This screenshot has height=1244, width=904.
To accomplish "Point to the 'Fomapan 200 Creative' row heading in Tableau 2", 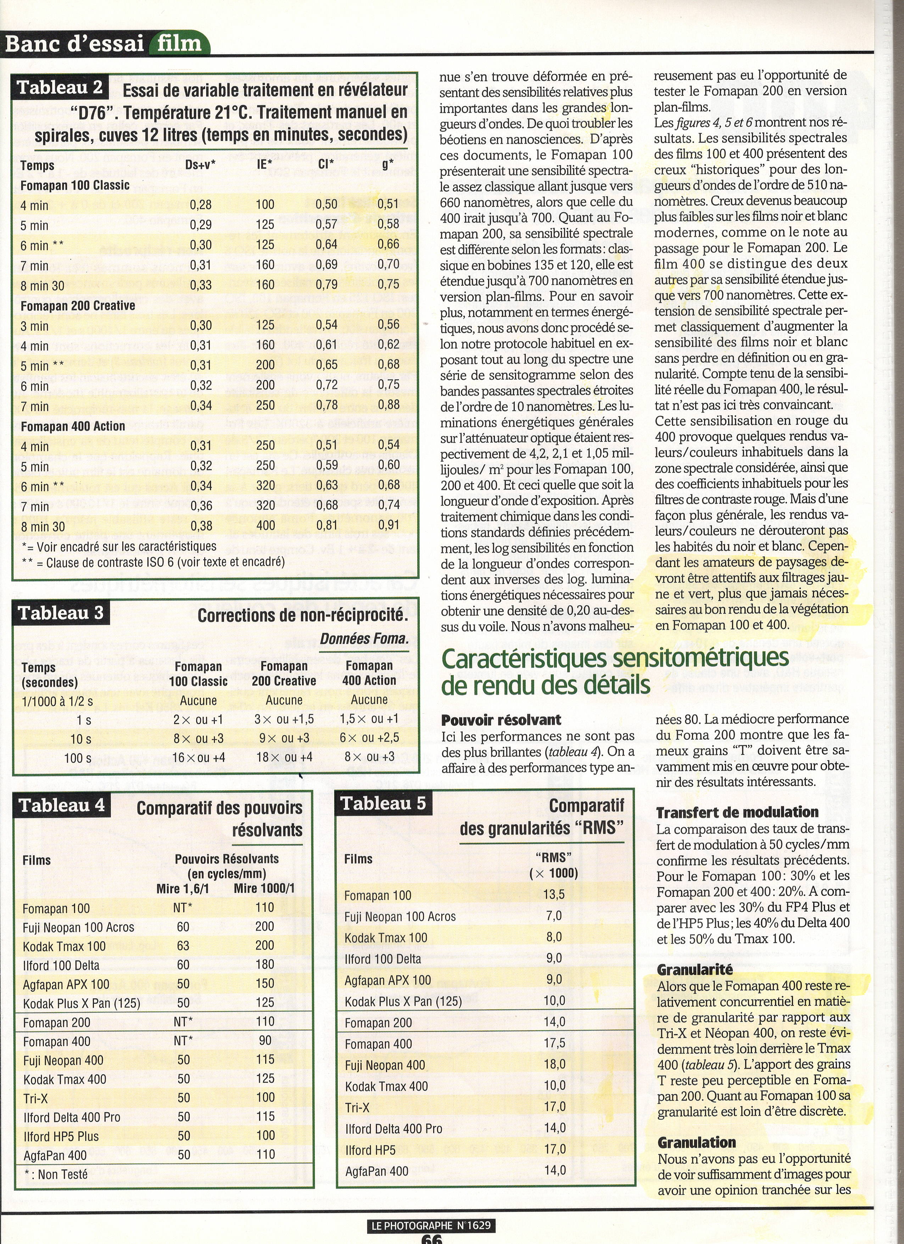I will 78,306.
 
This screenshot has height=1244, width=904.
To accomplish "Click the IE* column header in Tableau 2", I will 264,164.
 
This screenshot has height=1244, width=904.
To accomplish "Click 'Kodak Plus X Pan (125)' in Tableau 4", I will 82,1004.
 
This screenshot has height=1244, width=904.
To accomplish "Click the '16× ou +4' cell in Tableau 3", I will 198,757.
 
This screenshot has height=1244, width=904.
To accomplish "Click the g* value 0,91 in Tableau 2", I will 389,525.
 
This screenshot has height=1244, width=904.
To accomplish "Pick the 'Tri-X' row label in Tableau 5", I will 357,1108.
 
